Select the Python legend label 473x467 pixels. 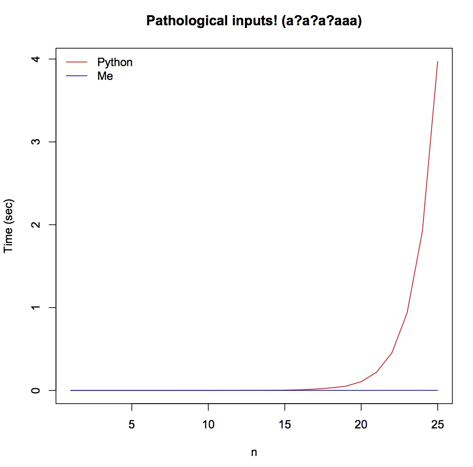[x=115, y=62]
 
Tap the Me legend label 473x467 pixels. [x=105, y=76]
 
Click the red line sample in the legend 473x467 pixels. [x=77, y=62]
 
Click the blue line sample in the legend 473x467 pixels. [x=77, y=76]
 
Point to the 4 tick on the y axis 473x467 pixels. [x=37, y=59]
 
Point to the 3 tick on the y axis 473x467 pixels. [x=37, y=141]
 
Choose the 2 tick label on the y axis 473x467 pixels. [x=37, y=225]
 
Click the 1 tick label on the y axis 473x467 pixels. [x=37, y=307]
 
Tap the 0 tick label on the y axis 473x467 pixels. [x=37, y=390]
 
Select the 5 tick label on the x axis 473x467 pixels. [x=132, y=423]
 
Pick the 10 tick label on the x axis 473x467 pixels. [x=208, y=423]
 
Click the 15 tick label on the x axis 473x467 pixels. [x=285, y=423]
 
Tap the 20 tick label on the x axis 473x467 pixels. [x=362, y=423]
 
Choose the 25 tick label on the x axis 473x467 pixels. [x=438, y=423]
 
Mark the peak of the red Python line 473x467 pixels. [x=438, y=61]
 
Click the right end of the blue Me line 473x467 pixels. [x=438, y=390]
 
